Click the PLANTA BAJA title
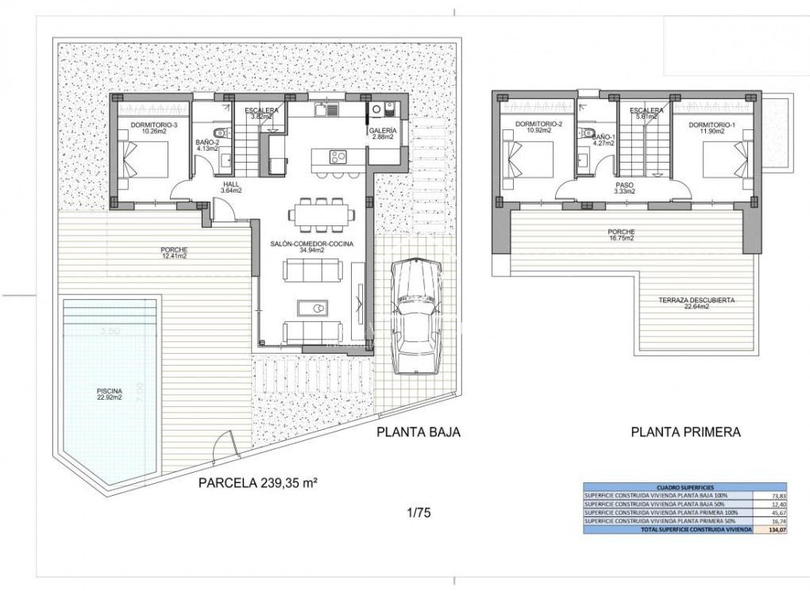(418, 432)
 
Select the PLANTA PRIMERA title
(685, 433)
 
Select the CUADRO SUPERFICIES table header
(685, 486)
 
